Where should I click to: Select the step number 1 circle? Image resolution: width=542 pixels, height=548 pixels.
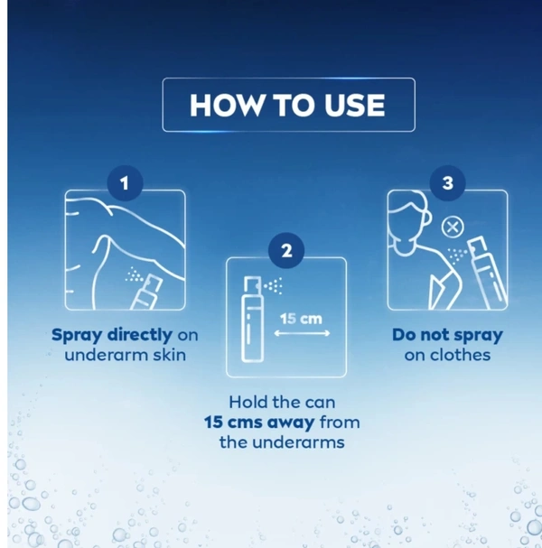[x=125, y=182]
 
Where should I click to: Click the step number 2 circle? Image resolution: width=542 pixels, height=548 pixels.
[x=286, y=250]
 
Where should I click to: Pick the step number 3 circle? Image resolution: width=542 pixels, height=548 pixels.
[x=447, y=182]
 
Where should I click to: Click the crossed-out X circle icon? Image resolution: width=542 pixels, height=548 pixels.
[x=453, y=228]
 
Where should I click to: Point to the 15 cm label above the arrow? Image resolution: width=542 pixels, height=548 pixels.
[x=301, y=319]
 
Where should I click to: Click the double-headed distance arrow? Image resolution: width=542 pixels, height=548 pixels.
[x=302, y=333]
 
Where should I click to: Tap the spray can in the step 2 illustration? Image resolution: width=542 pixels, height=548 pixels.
[x=252, y=319]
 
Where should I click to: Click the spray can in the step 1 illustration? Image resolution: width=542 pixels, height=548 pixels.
[x=147, y=293]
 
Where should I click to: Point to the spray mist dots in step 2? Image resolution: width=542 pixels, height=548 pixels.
[x=274, y=286]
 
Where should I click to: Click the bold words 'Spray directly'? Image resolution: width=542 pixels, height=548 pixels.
[x=112, y=335]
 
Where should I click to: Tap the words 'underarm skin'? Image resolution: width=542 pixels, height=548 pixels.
[x=126, y=355]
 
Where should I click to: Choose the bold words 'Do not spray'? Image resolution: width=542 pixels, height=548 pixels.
[x=447, y=335]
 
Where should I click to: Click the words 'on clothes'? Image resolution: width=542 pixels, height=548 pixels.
[x=447, y=355]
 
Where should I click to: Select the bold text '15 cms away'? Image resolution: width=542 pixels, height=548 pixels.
[x=259, y=423]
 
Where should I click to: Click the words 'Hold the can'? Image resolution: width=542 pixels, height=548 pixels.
[x=282, y=402]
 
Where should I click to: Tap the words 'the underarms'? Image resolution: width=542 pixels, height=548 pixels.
[x=282, y=442]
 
